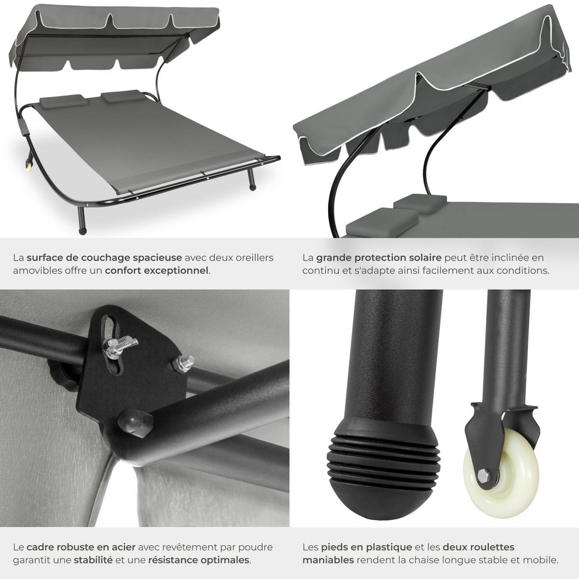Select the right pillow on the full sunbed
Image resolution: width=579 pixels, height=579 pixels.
[x=123, y=96]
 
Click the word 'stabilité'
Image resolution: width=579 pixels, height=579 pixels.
[x=93, y=560]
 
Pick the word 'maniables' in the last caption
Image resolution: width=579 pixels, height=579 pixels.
[x=329, y=560]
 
